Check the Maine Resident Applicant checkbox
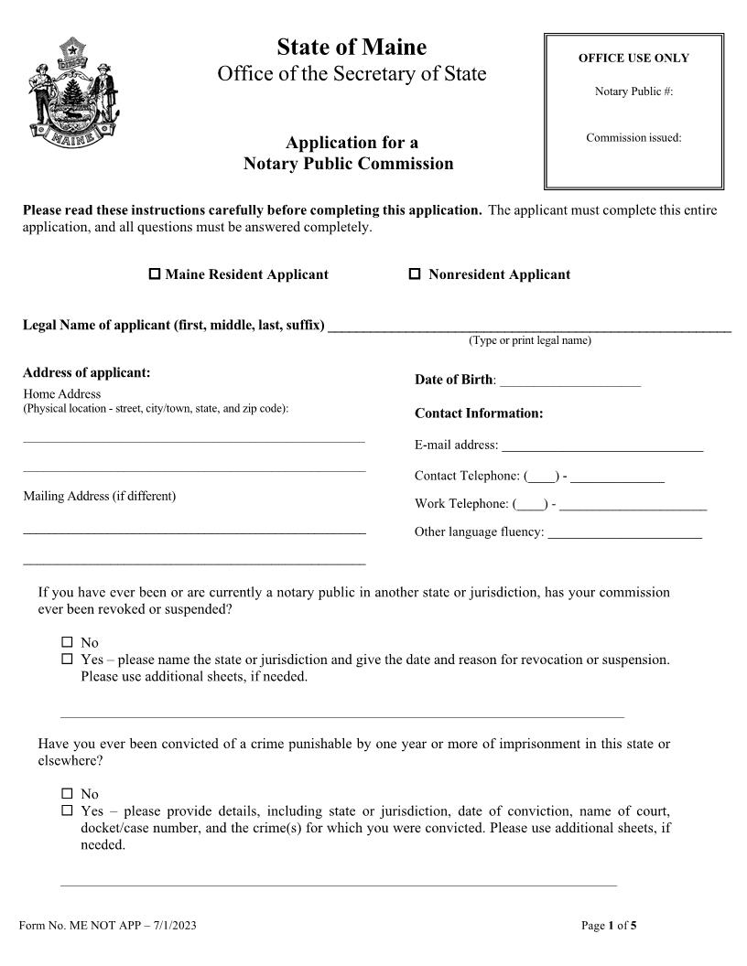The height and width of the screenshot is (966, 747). coord(155,274)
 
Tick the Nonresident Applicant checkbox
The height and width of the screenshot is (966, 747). coord(414,274)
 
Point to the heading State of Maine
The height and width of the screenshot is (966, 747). coord(352,47)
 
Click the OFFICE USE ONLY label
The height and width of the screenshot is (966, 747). coord(633,58)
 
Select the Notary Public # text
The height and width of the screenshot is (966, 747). coord(633,91)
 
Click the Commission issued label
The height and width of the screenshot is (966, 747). coord(633,138)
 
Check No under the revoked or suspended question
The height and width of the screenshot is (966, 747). coord(67,642)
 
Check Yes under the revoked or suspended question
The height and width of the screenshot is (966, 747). coord(67,659)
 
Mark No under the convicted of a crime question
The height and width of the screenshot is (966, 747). coord(67,793)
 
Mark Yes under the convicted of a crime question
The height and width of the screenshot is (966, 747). coord(67,810)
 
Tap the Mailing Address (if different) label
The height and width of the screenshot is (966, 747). coord(99,496)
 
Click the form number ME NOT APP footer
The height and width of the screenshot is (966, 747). coord(108,925)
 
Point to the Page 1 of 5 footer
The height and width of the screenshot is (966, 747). coord(609,925)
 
